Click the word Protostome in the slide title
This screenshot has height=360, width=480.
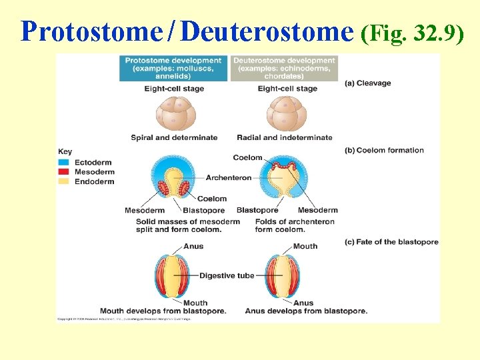click(x=91, y=31)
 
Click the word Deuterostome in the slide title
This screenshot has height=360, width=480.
click(x=267, y=31)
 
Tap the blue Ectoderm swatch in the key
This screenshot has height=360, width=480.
click(x=64, y=162)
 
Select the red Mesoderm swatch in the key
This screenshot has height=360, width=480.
click(x=64, y=171)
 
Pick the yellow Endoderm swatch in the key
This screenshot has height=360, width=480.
click(x=64, y=181)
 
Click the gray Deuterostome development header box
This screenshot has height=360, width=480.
click(x=284, y=68)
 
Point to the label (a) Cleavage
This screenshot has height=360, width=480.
click(x=368, y=83)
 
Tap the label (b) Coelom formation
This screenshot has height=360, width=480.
click(x=384, y=150)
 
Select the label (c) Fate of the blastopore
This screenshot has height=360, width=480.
click(x=391, y=242)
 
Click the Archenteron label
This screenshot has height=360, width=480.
click(x=229, y=178)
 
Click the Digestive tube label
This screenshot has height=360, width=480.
click(x=227, y=275)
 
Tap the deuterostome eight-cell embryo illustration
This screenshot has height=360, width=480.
click(x=287, y=114)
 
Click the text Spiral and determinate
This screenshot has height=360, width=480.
click(x=174, y=137)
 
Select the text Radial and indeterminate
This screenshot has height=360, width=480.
click(x=284, y=137)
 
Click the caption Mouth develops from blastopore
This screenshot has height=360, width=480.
click(x=163, y=311)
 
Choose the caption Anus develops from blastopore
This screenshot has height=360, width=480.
click(x=306, y=311)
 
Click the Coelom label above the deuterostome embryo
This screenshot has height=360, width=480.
click(x=247, y=157)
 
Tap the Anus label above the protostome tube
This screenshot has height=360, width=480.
click(x=193, y=246)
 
